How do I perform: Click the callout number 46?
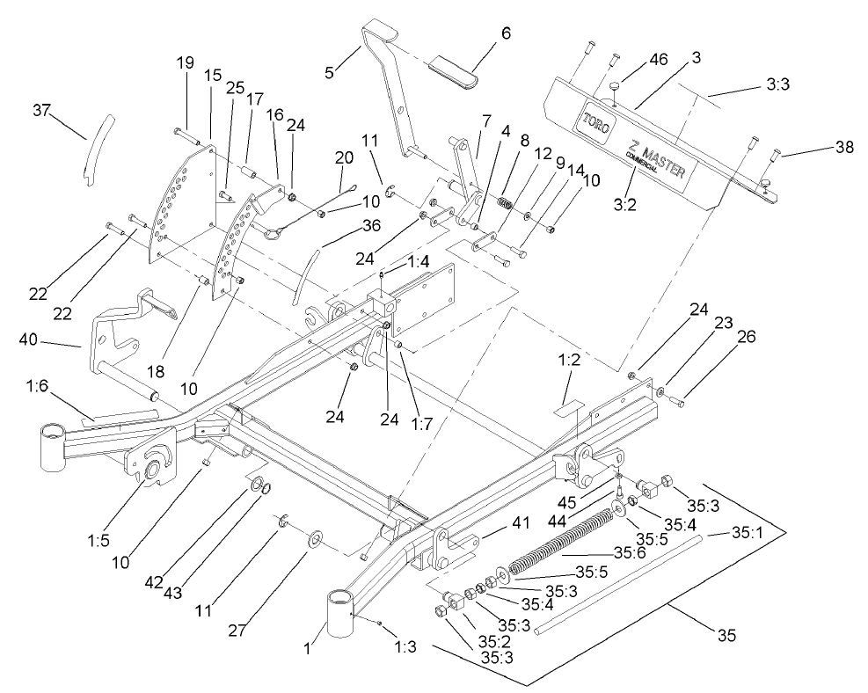point(658,60)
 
